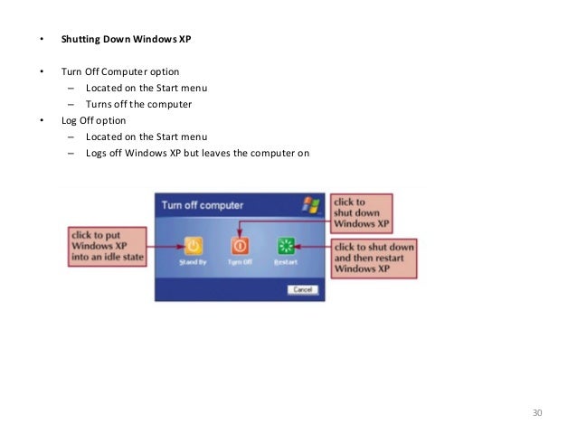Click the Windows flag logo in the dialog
310,204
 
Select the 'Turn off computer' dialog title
203,205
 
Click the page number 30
537,413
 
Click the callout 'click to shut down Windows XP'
361,212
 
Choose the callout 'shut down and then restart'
374,258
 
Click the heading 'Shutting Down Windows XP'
127,41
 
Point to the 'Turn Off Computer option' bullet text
120,71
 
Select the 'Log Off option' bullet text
94,120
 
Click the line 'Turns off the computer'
139,104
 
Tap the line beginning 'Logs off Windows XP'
197,153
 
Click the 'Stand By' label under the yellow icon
193,262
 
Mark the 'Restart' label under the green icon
287,262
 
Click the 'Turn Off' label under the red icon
240,262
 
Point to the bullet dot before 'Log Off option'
40,120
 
